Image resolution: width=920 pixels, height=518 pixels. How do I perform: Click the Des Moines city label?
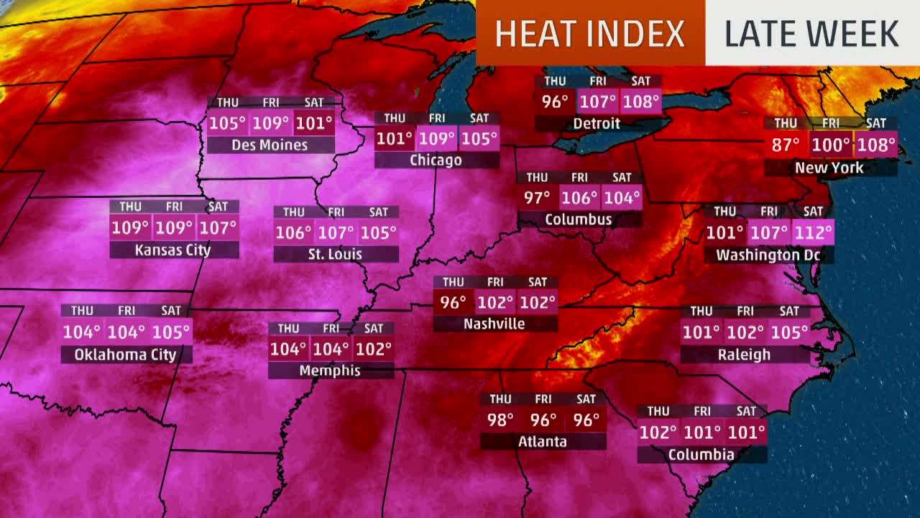point(270,145)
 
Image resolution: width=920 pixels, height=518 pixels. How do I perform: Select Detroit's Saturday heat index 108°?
point(641,101)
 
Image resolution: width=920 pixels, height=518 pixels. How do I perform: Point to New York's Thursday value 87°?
point(786,145)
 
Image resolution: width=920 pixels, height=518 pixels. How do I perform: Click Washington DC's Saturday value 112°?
point(813,232)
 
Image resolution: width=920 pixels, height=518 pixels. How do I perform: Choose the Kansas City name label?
point(173,250)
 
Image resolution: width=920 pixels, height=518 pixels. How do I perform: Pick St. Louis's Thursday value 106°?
point(293,232)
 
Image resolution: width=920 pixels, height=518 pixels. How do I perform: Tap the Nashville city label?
point(494,324)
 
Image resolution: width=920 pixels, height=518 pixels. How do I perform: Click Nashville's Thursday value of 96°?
point(453,302)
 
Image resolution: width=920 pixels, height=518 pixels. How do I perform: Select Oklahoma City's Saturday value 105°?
point(171,332)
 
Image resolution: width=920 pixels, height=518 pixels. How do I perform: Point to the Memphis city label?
point(331,371)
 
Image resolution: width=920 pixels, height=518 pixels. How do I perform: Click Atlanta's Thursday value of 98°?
point(501,419)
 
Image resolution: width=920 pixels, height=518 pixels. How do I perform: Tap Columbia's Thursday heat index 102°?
point(658,432)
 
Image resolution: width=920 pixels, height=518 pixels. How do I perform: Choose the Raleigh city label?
point(744,355)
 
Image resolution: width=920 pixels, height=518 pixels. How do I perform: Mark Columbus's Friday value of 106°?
point(579,198)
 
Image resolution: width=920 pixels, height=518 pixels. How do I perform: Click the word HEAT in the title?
point(537,34)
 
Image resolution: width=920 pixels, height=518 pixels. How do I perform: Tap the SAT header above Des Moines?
point(314,103)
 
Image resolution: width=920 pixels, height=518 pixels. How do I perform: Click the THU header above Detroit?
point(554,81)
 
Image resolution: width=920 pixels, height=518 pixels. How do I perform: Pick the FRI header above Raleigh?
point(745,312)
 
